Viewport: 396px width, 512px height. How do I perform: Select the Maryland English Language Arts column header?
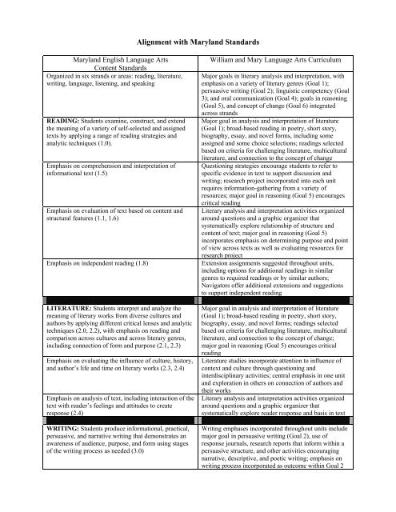pyautogui.click(x=103, y=66)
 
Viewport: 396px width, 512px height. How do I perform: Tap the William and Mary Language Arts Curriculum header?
pyautogui.click(x=289, y=60)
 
